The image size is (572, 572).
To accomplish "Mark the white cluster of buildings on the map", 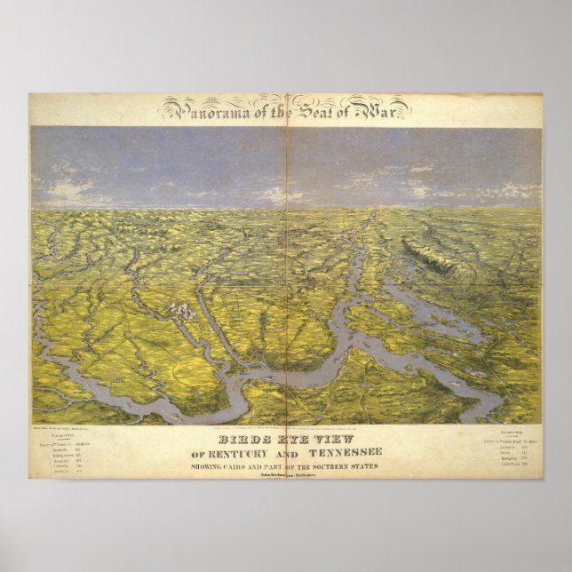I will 180,310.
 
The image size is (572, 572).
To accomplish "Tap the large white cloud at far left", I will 71,187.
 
